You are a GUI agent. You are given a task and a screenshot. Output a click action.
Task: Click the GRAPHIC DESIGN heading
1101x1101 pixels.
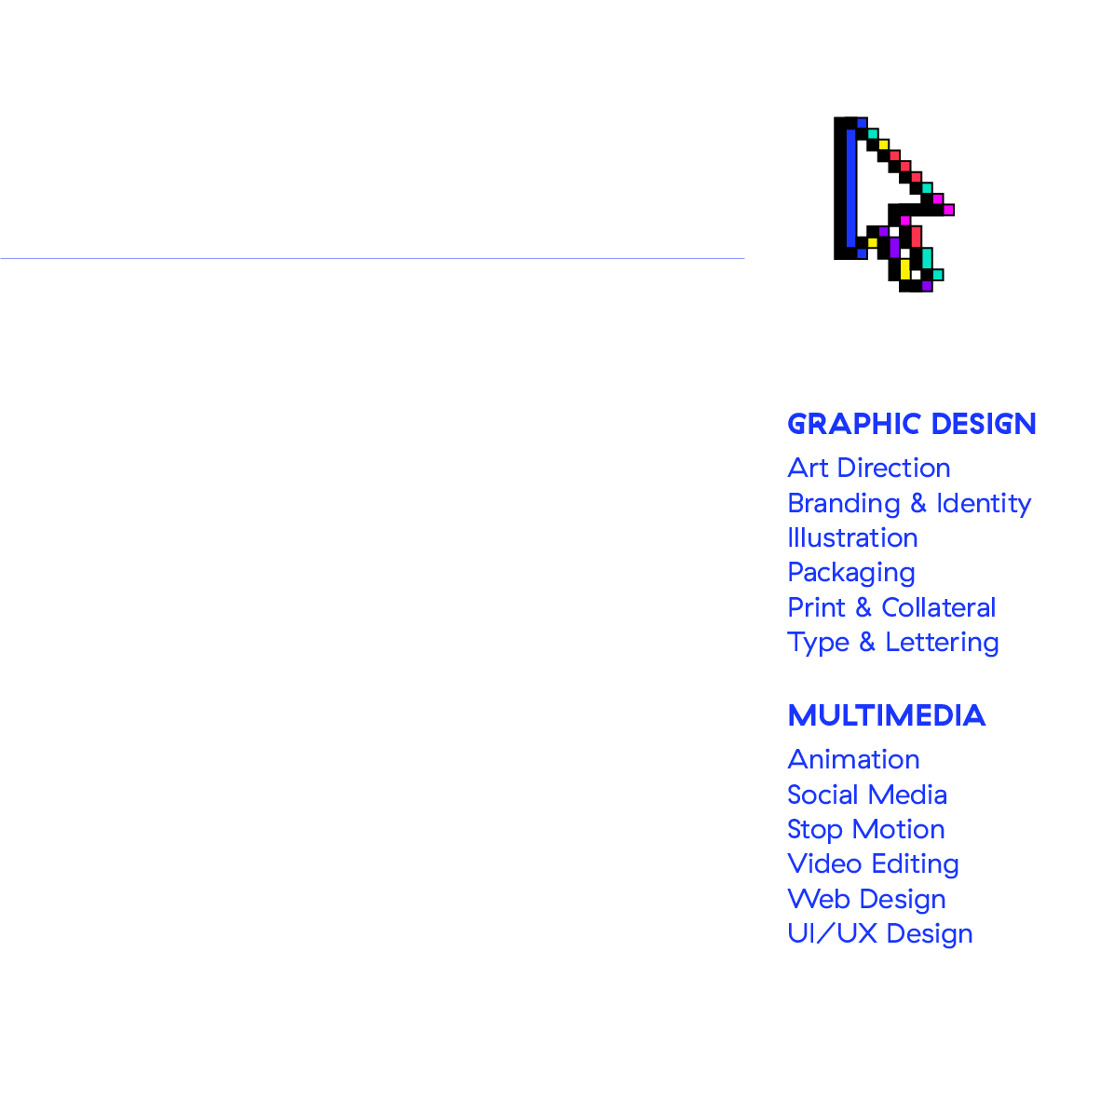[x=911, y=425]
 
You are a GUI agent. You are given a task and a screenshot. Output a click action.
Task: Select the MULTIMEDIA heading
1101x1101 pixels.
[x=886, y=716]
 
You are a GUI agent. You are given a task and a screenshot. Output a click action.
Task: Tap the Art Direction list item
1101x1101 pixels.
[x=868, y=468]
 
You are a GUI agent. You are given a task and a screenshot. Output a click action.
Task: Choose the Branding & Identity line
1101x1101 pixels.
[x=908, y=503]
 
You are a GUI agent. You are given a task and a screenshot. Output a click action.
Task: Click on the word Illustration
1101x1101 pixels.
[x=852, y=537]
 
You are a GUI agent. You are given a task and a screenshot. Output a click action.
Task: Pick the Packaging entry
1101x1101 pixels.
[x=850, y=573]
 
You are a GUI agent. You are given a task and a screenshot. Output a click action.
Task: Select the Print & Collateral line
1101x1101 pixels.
[x=890, y=607]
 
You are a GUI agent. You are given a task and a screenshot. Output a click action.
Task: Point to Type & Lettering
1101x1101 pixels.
[x=892, y=643]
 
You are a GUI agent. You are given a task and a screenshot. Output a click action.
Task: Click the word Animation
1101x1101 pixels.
[x=853, y=759]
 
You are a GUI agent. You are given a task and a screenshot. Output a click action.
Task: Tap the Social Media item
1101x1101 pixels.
[x=866, y=795]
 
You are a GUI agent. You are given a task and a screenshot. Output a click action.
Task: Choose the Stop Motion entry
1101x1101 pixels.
[x=865, y=829]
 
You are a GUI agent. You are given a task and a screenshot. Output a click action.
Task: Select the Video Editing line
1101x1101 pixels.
[x=873, y=864]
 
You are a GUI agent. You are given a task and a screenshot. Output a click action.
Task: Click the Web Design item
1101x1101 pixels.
[x=866, y=899]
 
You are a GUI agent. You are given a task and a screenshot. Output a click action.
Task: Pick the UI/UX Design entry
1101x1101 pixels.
[x=879, y=933]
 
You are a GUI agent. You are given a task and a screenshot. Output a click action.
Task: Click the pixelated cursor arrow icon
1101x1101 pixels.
[x=890, y=200]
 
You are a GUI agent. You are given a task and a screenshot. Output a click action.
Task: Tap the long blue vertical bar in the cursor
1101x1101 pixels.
[x=850, y=191]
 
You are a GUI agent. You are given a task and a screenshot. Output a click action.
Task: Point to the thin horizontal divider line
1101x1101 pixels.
[x=373, y=258]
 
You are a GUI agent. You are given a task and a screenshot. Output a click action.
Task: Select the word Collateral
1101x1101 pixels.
[x=938, y=607]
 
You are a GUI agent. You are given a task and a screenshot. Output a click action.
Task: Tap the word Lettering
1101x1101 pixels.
[x=942, y=643]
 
